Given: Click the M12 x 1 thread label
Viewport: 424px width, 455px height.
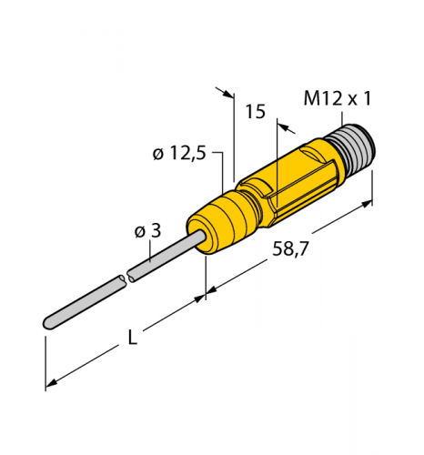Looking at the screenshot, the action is tap(338, 98).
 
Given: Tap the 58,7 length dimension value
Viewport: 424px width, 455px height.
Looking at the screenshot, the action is tap(290, 249).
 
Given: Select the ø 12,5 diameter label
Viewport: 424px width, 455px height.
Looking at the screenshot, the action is tap(179, 153).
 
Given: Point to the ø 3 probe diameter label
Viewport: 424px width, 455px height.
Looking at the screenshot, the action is tap(147, 231).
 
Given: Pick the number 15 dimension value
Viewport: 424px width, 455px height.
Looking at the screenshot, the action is tap(256, 112).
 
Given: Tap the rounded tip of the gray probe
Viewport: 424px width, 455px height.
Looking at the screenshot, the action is tap(48, 323).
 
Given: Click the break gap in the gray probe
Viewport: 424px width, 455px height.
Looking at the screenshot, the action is tap(127, 276).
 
